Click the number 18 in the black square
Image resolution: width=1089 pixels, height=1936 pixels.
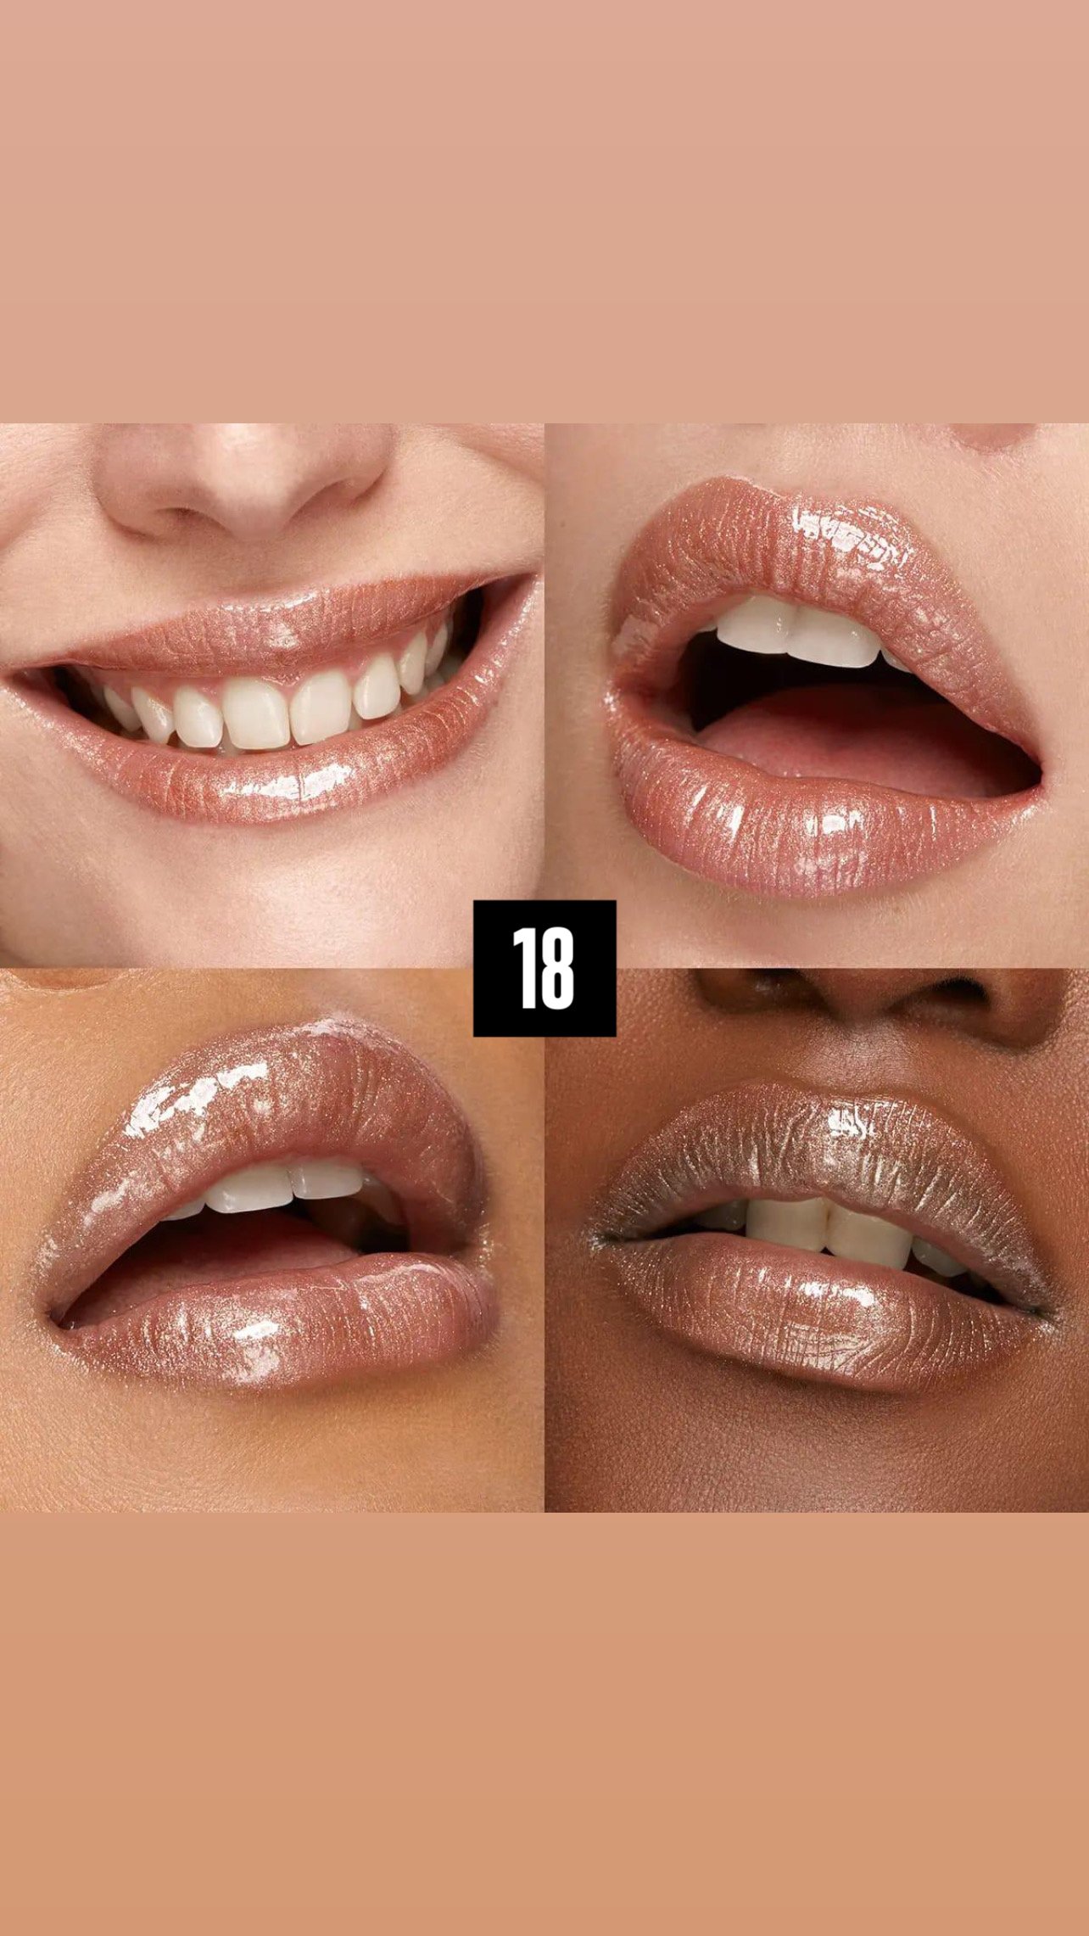point(544,968)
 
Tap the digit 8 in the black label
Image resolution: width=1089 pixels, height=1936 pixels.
point(557,968)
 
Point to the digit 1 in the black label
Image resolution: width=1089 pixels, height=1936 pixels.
point(523,968)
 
